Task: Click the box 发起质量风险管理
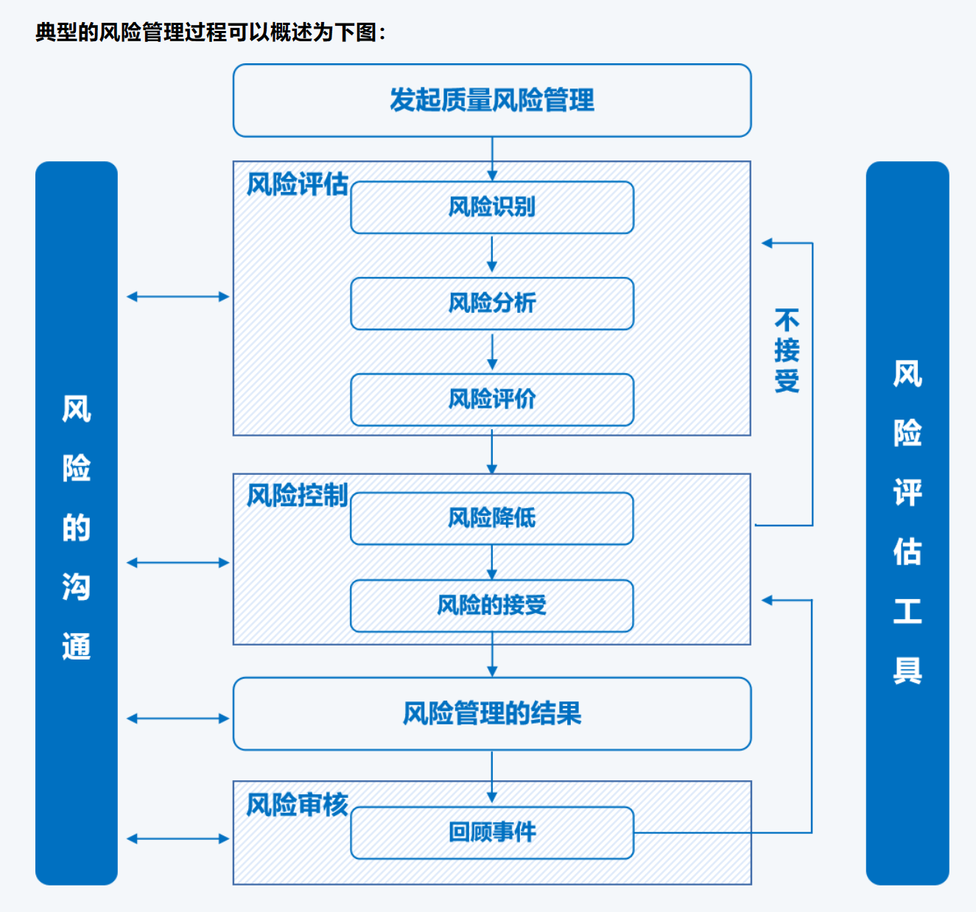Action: (x=492, y=100)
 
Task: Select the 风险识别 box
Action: (x=492, y=208)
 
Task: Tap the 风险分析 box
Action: (x=492, y=303)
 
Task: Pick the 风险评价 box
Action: (x=492, y=400)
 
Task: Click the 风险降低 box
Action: (x=492, y=518)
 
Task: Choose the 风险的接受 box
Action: (x=492, y=606)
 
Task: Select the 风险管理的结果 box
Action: (x=492, y=714)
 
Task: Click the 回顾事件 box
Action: (x=492, y=833)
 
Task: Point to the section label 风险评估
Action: (x=297, y=184)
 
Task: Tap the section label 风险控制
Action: (x=297, y=495)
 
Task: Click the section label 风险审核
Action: (x=297, y=805)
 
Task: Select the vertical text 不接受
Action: (x=787, y=351)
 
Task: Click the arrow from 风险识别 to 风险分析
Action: (x=492, y=255)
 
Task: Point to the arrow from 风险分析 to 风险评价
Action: (x=492, y=352)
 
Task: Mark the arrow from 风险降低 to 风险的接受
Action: (x=492, y=562)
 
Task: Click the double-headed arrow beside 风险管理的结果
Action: (x=178, y=718)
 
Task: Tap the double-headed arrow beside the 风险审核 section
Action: (x=178, y=838)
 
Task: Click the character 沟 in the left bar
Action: (x=77, y=587)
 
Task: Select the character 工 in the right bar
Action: (x=907, y=611)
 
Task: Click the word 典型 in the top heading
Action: (x=56, y=32)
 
